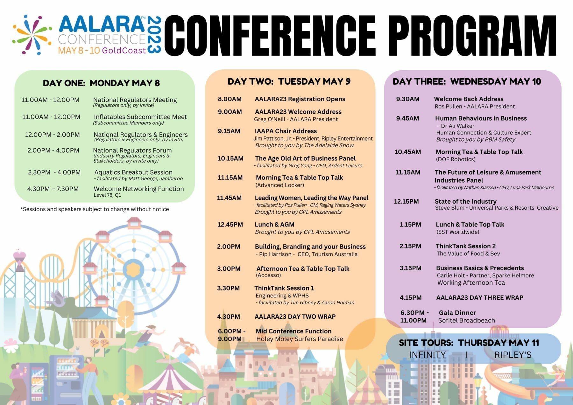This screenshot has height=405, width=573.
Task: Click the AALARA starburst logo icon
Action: [x=32, y=35]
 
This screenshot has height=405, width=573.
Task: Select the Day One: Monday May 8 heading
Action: [x=101, y=83]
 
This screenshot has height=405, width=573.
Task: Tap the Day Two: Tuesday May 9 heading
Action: [x=289, y=81]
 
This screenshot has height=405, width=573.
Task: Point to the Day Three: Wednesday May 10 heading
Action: [x=467, y=81]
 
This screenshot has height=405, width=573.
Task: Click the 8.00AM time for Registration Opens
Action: [x=230, y=99]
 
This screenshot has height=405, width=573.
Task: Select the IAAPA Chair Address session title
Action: [x=286, y=131]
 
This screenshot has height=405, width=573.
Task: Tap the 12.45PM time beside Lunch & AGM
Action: [x=230, y=224]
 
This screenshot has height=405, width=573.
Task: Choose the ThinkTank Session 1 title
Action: [x=284, y=288]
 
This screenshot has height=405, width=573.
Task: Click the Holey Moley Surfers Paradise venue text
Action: [x=300, y=339]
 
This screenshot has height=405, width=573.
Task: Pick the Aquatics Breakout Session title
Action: [x=133, y=172]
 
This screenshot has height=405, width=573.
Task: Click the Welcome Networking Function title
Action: [x=139, y=189]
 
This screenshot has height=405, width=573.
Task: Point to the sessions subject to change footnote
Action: [x=95, y=209]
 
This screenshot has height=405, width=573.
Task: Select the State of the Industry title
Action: [x=465, y=201]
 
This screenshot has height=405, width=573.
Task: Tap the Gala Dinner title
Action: [x=457, y=313]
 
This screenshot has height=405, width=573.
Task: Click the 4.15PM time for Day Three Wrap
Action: [x=411, y=297]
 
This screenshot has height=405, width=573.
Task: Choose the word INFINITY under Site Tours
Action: [x=427, y=355]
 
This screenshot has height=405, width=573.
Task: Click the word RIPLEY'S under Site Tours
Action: [x=513, y=355]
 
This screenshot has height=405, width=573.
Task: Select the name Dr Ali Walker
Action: [x=457, y=126]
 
